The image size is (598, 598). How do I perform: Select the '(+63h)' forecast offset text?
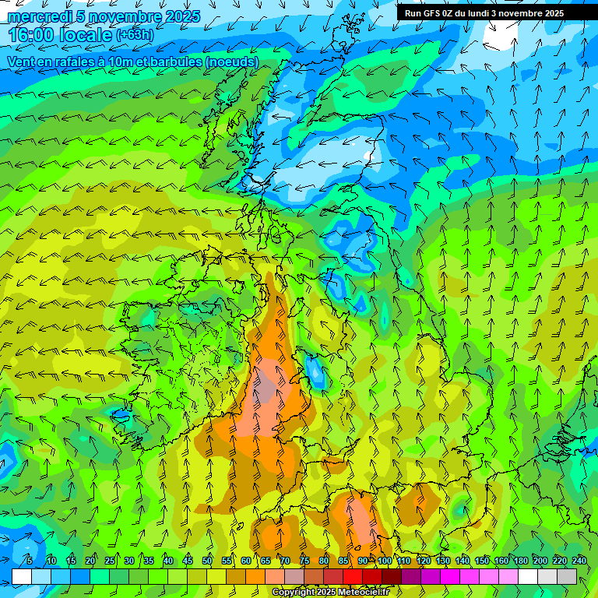[135, 35]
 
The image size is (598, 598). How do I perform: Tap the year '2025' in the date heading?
[182, 16]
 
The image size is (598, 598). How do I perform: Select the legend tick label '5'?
[30, 561]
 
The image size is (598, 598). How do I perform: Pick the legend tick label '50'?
[207, 561]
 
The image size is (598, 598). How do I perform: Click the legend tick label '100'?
[383, 561]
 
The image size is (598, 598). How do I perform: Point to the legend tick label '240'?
[578, 561]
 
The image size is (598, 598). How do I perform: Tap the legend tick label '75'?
[304, 561]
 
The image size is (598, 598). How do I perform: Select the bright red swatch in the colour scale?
[353, 576]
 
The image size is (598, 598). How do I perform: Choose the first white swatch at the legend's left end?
[22, 576]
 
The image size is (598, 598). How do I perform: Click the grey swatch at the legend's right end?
[567, 576]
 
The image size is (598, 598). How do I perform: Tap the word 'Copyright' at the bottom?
[293, 593]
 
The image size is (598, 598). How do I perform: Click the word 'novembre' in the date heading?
[128, 16]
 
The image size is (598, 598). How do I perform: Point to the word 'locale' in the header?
[85, 35]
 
